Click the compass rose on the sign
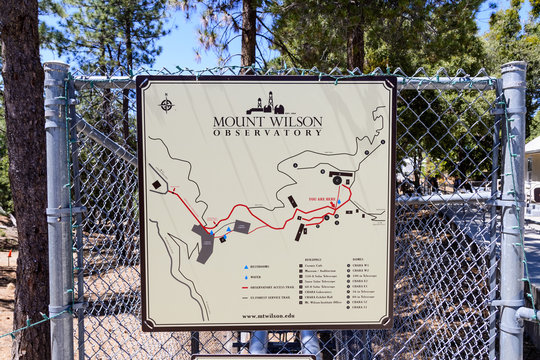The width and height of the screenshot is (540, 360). (166, 102)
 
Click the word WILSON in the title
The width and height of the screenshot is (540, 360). (298, 120)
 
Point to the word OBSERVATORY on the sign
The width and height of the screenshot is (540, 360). (267, 131)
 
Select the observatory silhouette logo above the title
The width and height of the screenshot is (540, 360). (266, 103)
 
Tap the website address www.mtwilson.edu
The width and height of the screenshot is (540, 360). (267, 315)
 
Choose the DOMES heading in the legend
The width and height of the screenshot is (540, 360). (358, 258)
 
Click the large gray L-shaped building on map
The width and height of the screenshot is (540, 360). (203, 243)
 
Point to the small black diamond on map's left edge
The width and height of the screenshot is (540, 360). (157, 185)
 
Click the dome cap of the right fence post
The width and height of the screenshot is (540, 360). (513, 68)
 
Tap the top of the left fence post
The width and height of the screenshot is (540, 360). (56, 68)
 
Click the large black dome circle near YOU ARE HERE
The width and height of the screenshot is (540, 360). (337, 180)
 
